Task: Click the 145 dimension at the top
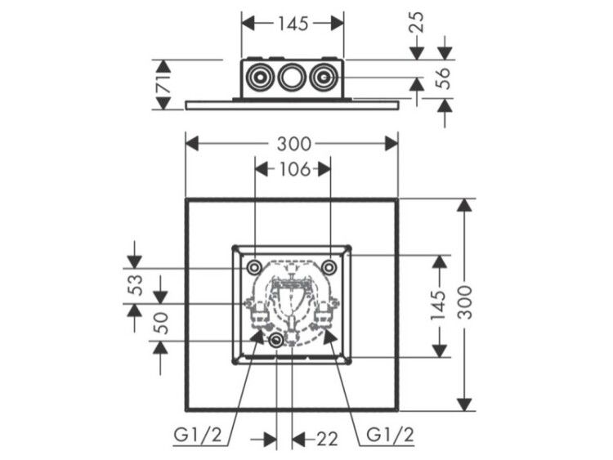[293, 24]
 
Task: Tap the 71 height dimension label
[164, 83]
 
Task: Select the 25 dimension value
[418, 22]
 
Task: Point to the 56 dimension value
[445, 78]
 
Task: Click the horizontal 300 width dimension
[294, 145]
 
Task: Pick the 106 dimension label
[294, 170]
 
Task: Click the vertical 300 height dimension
[465, 301]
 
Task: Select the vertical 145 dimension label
[438, 306]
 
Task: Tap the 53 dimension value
[136, 285]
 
